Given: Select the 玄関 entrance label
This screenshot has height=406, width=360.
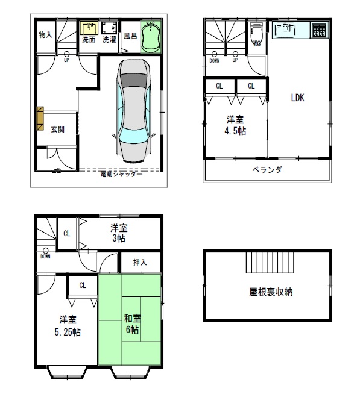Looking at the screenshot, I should tap(58, 128).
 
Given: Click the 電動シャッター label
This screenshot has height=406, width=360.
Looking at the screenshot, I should tap(121, 174).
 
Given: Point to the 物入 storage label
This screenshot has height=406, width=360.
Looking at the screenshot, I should tap(45, 36).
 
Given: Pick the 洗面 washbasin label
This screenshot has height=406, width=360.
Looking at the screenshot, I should tap(89, 40).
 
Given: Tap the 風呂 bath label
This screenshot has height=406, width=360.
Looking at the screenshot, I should tap(130, 36).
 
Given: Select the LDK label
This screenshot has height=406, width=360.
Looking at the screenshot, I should tap(297, 98).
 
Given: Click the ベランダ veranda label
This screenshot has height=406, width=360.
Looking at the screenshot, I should tap(267, 169).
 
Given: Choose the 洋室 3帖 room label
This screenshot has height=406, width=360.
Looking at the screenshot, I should tap(119, 233).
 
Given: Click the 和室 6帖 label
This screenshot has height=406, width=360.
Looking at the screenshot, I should tap(132, 325).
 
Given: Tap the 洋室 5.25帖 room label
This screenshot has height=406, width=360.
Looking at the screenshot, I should tap(67, 325).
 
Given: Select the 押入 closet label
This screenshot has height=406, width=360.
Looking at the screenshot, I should tap(139, 263).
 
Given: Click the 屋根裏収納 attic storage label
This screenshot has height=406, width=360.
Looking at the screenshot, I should tap(271, 292).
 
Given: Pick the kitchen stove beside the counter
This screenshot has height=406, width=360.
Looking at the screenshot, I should tap(319, 30).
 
